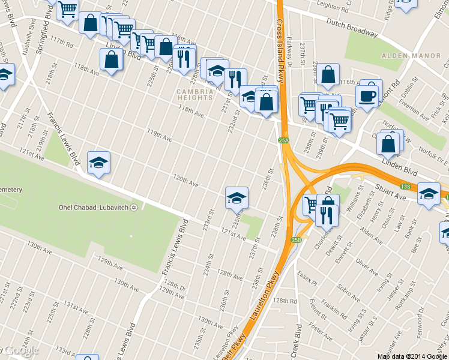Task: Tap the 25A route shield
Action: point(284,140)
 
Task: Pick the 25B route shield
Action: point(296,240)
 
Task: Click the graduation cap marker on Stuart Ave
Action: point(429,194)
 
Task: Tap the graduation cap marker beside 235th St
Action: point(237,197)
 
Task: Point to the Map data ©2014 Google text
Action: point(411,356)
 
